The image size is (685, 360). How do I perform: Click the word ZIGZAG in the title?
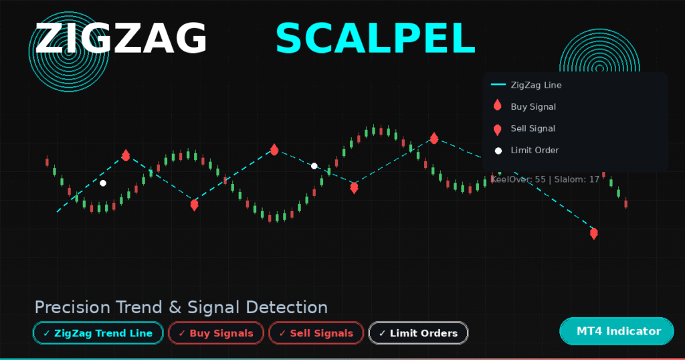pyautogui.click(x=120, y=38)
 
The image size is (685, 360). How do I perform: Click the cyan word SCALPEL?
pyautogui.click(x=375, y=38)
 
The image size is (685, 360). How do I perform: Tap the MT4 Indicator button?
pyautogui.click(x=616, y=331)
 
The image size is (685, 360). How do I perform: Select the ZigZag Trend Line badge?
pyautogui.click(x=98, y=333)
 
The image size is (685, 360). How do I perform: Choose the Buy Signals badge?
pyautogui.click(x=215, y=333)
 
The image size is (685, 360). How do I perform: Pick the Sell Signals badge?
pyautogui.click(x=316, y=333)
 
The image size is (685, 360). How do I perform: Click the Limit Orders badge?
pyautogui.click(x=418, y=333)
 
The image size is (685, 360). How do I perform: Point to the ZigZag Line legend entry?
pyautogui.click(x=536, y=85)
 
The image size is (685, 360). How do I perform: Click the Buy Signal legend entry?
pyautogui.click(x=533, y=106)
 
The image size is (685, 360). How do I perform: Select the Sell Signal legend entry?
pyautogui.click(x=533, y=128)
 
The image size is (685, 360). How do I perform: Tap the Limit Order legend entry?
pyautogui.click(x=534, y=150)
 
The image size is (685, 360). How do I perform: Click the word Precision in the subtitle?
pyautogui.click(x=72, y=307)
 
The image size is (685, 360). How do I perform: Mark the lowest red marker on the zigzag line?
pyautogui.click(x=593, y=234)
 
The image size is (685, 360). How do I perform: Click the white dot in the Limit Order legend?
pyautogui.click(x=498, y=151)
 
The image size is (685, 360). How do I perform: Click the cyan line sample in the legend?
pyautogui.click(x=498, y=85)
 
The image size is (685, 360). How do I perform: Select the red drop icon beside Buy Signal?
pyautogui.click(x=497, y=106)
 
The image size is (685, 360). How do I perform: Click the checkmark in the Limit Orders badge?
pyautogui.click(x=382, y=333)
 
